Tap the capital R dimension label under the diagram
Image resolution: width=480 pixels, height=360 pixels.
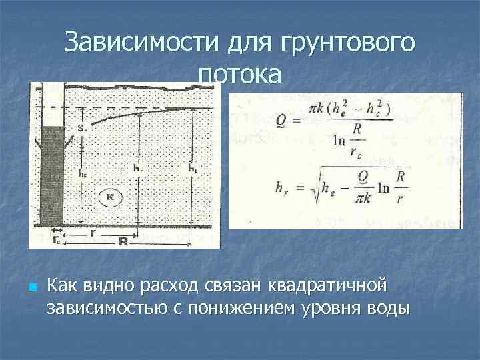[124, 241]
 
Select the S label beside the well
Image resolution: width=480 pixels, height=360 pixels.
[81, 127]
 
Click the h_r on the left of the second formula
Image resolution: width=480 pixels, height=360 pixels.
[283, 187]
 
